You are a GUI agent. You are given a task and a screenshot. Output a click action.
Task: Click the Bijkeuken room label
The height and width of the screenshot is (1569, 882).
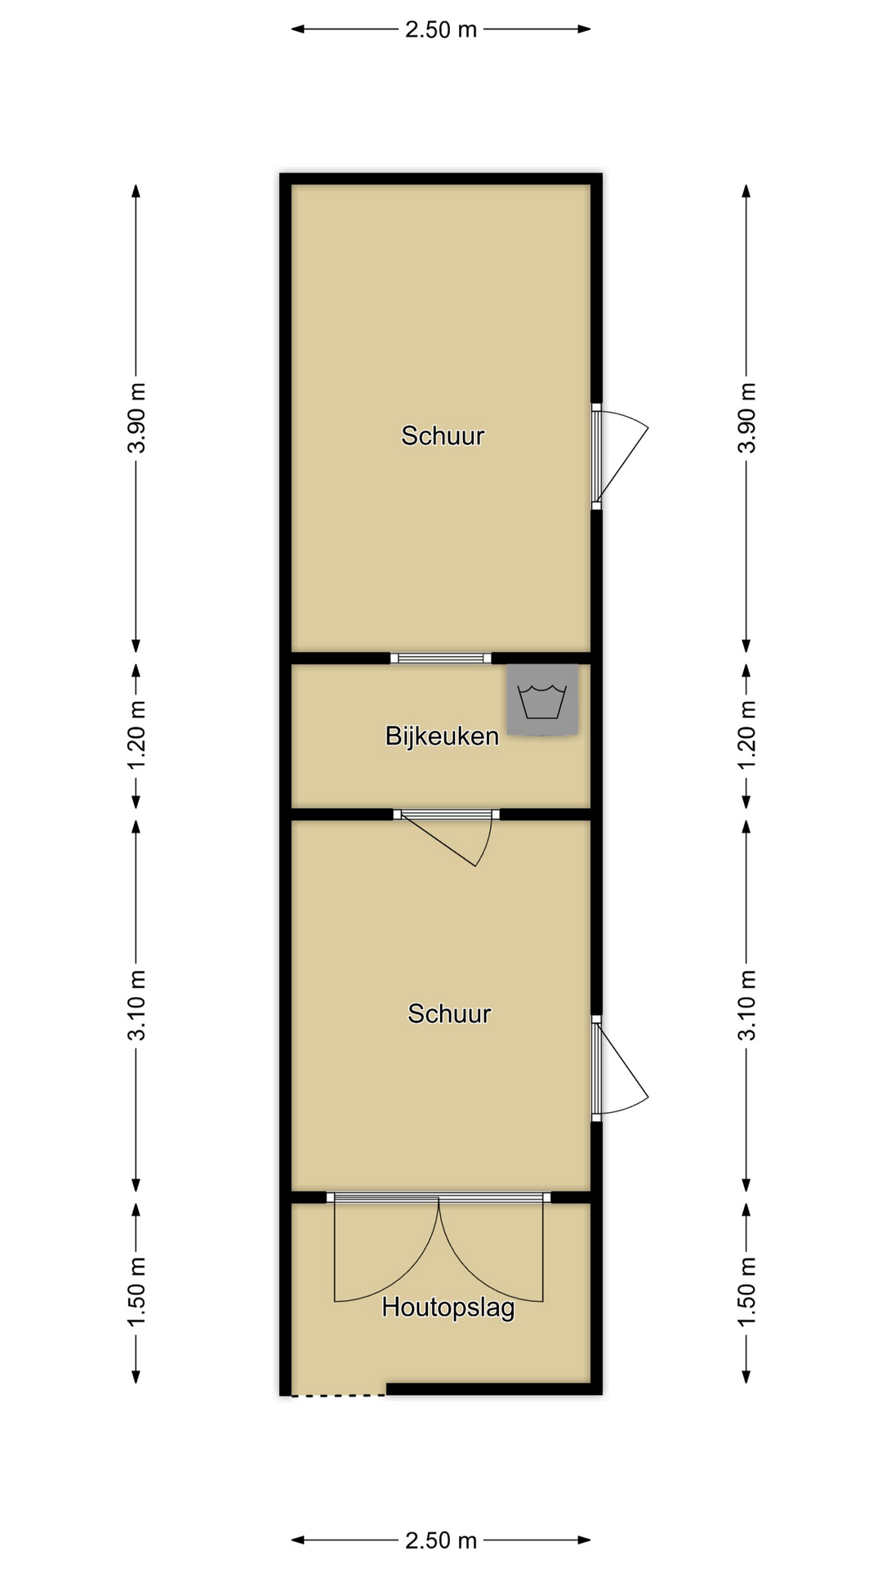click(442, 736)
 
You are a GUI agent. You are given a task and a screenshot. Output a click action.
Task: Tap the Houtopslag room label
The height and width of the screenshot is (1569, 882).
click(448, 1307)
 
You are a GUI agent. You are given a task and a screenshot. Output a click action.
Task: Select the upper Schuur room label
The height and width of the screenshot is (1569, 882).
click(443, 436)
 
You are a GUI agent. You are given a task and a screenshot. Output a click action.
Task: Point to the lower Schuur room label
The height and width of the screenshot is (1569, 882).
click(449, 1013)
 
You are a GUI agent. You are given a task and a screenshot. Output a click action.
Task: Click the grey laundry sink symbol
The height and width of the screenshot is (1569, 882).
click(542, 700)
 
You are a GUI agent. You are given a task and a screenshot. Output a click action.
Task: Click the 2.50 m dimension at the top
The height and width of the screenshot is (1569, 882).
click(441, 29)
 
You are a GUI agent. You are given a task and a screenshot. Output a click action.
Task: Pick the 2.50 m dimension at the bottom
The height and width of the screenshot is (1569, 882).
click(441, 1540)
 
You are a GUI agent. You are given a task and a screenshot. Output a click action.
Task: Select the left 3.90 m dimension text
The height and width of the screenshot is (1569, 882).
click(136, 418)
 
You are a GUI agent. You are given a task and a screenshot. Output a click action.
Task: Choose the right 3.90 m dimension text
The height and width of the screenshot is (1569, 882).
click(746, 418)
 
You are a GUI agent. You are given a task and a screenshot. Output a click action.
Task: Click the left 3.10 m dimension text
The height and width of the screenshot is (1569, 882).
click(136, 1005)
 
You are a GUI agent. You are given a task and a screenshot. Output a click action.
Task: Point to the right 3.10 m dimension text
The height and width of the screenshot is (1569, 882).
click(746, 1005)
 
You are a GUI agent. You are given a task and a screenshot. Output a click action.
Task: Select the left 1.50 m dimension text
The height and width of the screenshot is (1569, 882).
click(136, 1292)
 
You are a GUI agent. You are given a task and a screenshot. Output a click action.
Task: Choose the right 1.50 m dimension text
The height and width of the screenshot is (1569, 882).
click(746, 1292)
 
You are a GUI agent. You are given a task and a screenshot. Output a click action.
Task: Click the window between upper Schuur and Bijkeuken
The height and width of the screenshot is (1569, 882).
click(441, 659)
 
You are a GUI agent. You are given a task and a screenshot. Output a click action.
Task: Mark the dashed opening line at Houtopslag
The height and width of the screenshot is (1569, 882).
click(338, 1395)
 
